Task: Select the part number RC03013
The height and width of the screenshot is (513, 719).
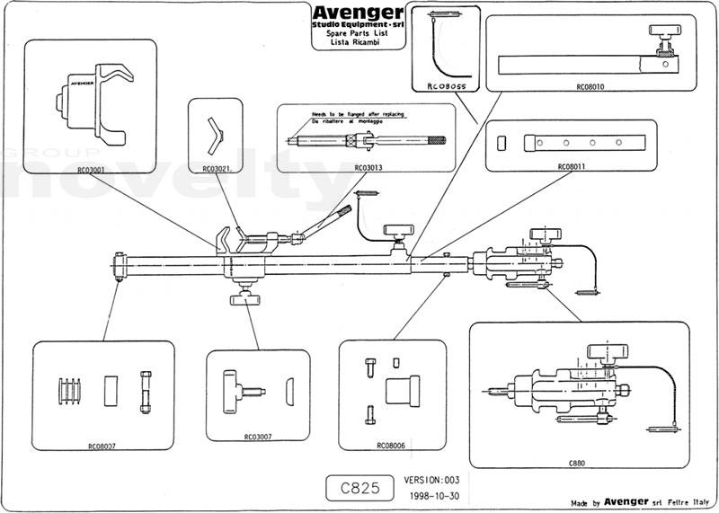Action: point(368,167)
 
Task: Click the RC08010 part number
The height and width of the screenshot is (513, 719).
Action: point(590,88)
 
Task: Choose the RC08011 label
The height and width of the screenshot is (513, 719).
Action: point(573,166)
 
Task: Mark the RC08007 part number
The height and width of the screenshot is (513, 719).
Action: point(102,445)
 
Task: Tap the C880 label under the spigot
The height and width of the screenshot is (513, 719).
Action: point(577,462)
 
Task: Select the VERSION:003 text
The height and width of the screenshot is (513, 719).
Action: point(433,481)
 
